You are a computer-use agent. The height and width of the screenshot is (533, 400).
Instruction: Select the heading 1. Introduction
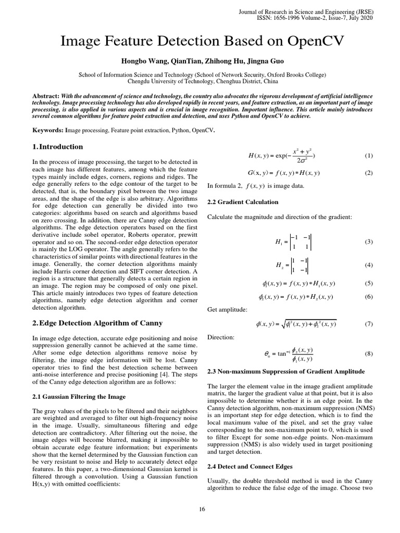[57, 147]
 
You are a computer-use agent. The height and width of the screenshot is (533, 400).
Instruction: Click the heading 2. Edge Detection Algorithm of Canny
[97, 323]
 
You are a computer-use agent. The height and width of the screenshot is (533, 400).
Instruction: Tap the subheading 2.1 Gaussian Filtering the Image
[79, 396]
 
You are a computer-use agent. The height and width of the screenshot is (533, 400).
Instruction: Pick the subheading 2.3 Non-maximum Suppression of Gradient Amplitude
[286, 371]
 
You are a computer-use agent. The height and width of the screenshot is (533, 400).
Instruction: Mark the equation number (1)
[369, 156]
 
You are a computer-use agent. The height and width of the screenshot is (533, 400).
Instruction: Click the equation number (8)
[369, 354]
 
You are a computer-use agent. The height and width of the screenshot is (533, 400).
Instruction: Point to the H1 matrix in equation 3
[296, 242]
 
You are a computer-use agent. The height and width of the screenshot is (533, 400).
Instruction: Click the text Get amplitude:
[228, 310]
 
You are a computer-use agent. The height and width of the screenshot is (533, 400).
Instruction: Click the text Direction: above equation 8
[221, 337]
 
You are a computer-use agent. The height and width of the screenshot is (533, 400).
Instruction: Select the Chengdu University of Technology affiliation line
[203, 81]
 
